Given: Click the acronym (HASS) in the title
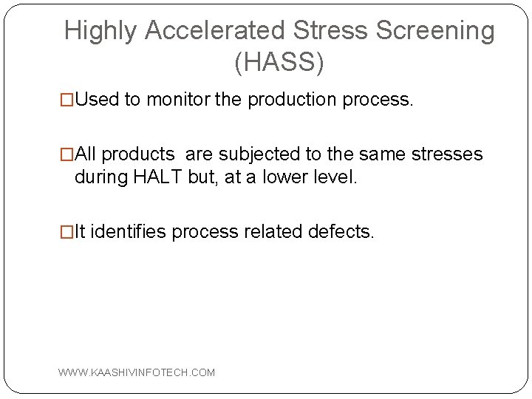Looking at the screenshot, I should (x=279, y=64).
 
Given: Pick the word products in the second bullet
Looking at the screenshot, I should (x=139, y=154).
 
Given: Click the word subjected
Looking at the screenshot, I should (x=254, y=154).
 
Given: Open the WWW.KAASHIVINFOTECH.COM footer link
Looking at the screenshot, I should (x=137, y=372).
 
